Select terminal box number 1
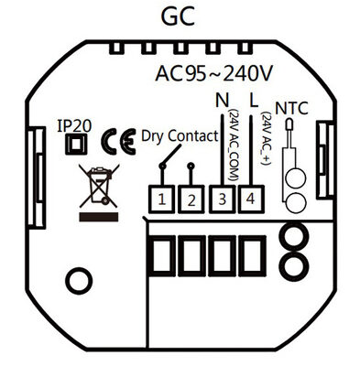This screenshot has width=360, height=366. [x=161, y=198]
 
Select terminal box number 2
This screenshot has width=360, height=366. [x=191, y=198]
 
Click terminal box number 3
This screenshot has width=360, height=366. [x=220, y=198]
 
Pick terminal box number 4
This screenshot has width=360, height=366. [x=250, y=198]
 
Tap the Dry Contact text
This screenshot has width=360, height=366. [x=180, y=136]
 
